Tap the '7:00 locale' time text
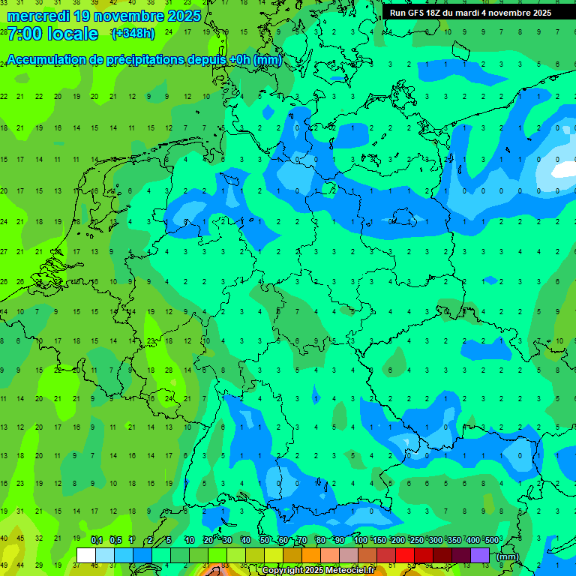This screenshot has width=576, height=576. pos(52,34)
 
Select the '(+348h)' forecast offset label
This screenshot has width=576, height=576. pos(133,34)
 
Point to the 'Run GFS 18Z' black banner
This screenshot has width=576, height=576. pos(469,13)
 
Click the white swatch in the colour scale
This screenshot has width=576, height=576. pos(86,555)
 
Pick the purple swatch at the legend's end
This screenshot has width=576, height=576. pos(481,555)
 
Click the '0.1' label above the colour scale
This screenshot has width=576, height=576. pos(96,540)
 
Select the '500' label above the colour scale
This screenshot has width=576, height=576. pos(491,540)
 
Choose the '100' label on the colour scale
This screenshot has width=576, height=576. pos(361,540)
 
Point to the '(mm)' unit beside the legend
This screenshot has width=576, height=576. pos(508,556)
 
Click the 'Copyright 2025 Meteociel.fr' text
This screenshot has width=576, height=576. pos(318,571)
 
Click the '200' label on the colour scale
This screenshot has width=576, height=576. pos(398,540)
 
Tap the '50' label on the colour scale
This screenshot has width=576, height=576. pos(265,540)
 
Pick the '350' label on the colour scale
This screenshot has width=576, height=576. pos(454,540)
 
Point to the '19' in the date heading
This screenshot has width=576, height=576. pos(85,16)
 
